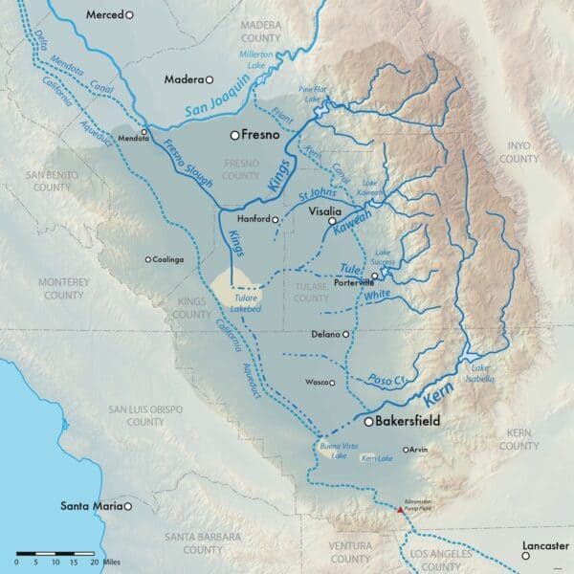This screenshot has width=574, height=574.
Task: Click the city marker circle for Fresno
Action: pyautogui.click(x=234, y=136)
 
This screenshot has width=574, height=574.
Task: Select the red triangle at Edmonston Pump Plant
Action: pyautogui.click(x=400, y=511)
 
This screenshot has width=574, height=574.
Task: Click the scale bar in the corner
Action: pyautogui.click(x=57, y=553)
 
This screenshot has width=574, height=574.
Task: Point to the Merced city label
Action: pyautogui.click(x=104, y=15)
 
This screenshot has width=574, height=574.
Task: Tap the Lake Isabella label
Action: pyautogui.click(x=480, y=372)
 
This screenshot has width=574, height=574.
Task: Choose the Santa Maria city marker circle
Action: pyautogui.click(x=126, y=506)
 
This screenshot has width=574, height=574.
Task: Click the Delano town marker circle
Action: pyautogui.click(x=345, y=335)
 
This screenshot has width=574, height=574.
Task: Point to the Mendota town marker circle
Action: pyautogui.click(x=144, y=131)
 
